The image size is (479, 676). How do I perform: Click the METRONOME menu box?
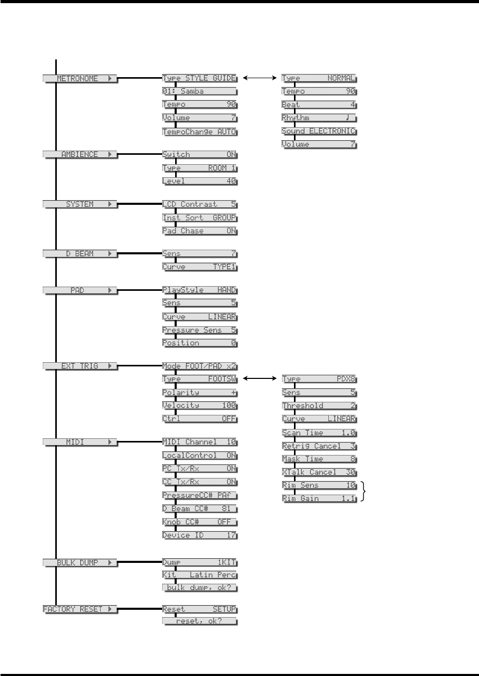pyautogui.click(x=80, y=78)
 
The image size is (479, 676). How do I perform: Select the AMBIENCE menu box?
pyautogui.click(x=80, y=155)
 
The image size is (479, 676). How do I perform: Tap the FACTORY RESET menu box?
pyautogui.click(x=80, y=609)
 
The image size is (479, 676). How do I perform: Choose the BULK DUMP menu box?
pyautogui.click(x=80, y=563)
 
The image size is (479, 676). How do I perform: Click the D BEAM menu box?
pyautogui.click(x=80, y=254)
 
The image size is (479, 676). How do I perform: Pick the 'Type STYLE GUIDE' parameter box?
pyautogui.click(x=200, y=78)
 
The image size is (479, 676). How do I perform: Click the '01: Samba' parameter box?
pyautogui.click(x=200, y=91)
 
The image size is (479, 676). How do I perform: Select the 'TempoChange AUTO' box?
pyautogui.click(x=200, y=132)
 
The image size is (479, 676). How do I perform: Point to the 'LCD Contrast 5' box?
pyautogui.click(x=200, y=204)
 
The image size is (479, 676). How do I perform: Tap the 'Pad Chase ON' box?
pyautogui.click(x=200, y=231)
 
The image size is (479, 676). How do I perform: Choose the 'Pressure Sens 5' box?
pyautogui.click(x=200, y=330)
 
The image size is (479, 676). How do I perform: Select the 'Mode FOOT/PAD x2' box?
pyautogui.click(x=200, y=366)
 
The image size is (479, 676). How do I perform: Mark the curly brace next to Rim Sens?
pyautogui.click(x=364, y=492)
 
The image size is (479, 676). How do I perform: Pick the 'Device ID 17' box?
pyautogui.click(x=200, y=535)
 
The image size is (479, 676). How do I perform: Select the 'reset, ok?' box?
pyautogui.click(x=200, y=622)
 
